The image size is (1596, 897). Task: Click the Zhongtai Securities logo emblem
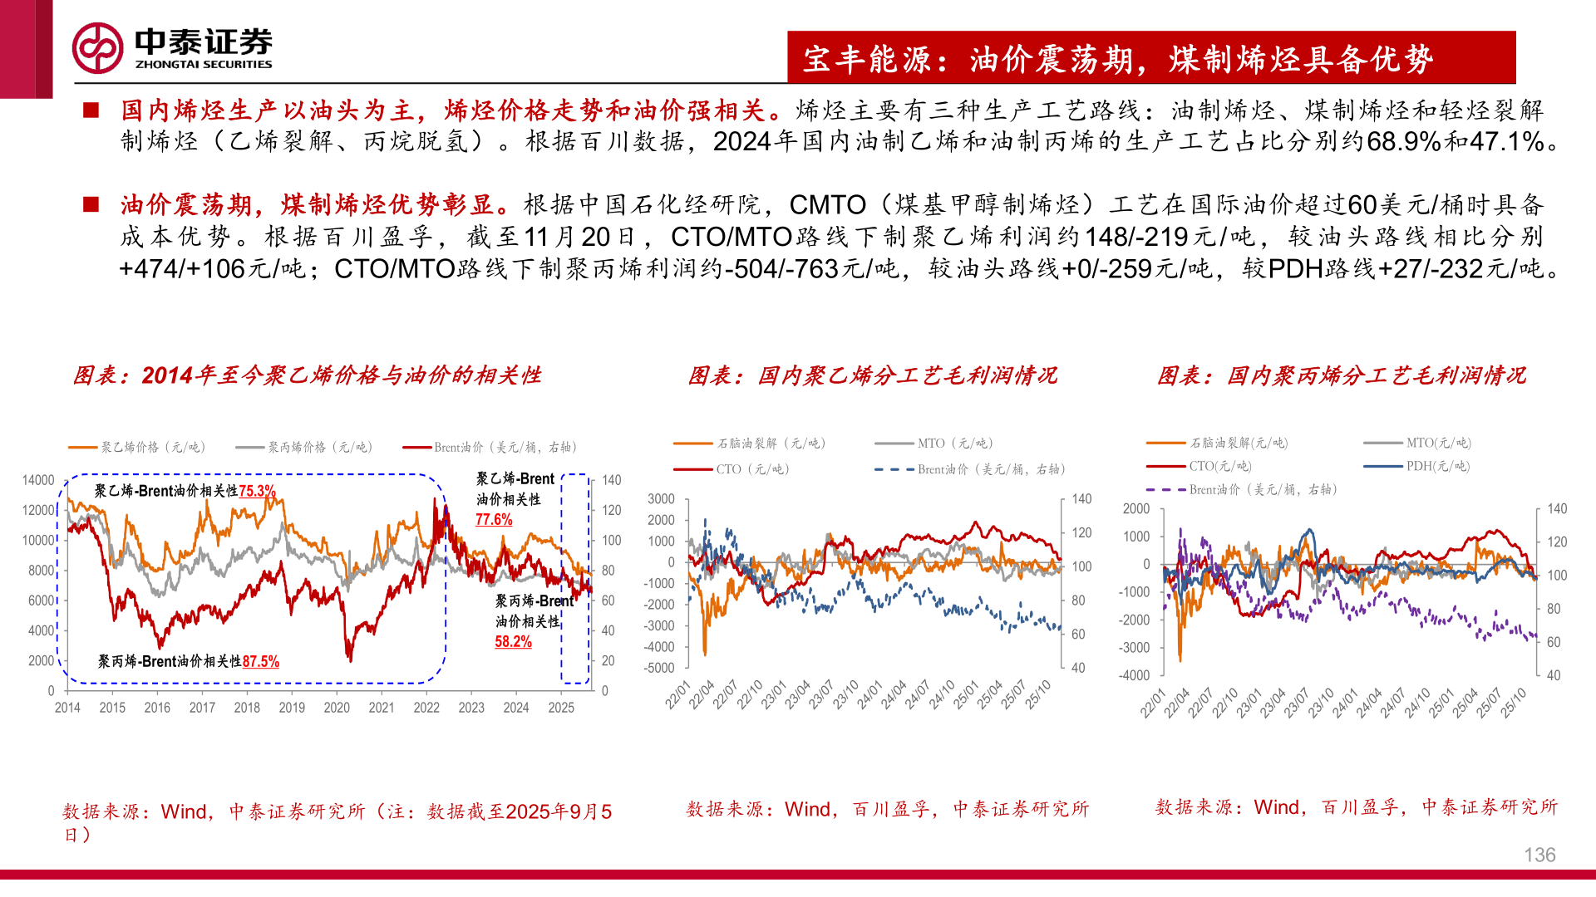coord(98,48)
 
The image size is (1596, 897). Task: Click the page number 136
coord(1539,855)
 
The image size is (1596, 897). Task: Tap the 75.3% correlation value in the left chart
coord(257,491)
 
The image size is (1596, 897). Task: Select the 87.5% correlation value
coord(261,661)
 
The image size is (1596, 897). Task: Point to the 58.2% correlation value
coord(513,641)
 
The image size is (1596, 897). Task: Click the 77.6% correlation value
coord(494,519)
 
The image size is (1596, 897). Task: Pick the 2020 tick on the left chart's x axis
coord(337,708)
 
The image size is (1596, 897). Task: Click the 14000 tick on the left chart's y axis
coord(38,480)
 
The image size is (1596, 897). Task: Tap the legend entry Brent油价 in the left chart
coord(490,447)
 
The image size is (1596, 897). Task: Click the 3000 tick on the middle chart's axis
coord(662,498)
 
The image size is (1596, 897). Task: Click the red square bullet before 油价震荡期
coord(91,204)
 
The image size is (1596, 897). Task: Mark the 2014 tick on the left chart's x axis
coord(67,708)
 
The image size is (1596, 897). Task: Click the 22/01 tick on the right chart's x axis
coord(1153,703)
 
